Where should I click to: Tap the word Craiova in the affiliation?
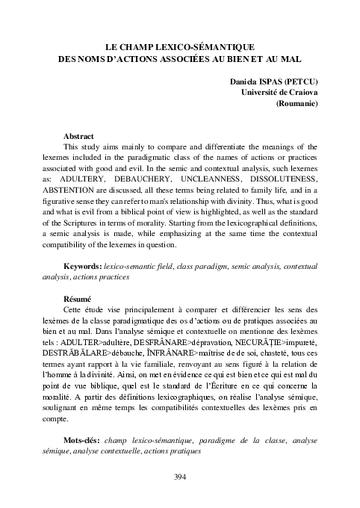[300, 91]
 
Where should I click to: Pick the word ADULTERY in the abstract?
[100, 180]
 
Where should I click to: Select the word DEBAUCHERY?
[162, 180]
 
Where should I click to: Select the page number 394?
[179, 477]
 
